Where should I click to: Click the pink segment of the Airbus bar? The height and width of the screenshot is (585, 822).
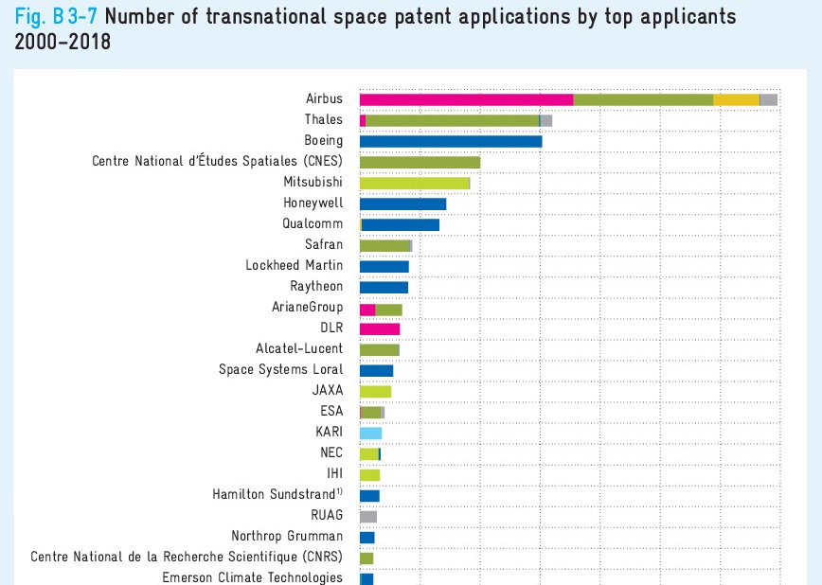466,99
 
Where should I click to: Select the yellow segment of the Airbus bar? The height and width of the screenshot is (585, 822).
736,99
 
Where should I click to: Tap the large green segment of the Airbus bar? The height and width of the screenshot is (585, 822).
643,99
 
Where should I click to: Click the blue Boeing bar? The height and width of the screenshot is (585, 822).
451,141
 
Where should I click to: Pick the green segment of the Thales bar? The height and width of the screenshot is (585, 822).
452,120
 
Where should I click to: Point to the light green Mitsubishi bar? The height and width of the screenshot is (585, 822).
415,183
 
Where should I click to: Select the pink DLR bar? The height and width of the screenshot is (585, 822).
380,328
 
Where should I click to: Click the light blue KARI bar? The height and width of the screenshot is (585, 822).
370,433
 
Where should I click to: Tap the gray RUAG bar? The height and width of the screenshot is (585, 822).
368,516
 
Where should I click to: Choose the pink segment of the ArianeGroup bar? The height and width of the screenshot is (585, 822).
367,308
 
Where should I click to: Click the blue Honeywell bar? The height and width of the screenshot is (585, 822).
402,204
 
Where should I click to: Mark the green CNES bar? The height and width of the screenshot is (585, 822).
420,162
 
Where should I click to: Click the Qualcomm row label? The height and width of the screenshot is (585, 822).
313,224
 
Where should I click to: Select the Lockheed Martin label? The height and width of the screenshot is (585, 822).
294,266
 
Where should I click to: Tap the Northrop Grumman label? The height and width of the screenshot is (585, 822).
287,537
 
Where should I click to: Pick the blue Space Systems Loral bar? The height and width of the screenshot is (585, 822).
376,370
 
